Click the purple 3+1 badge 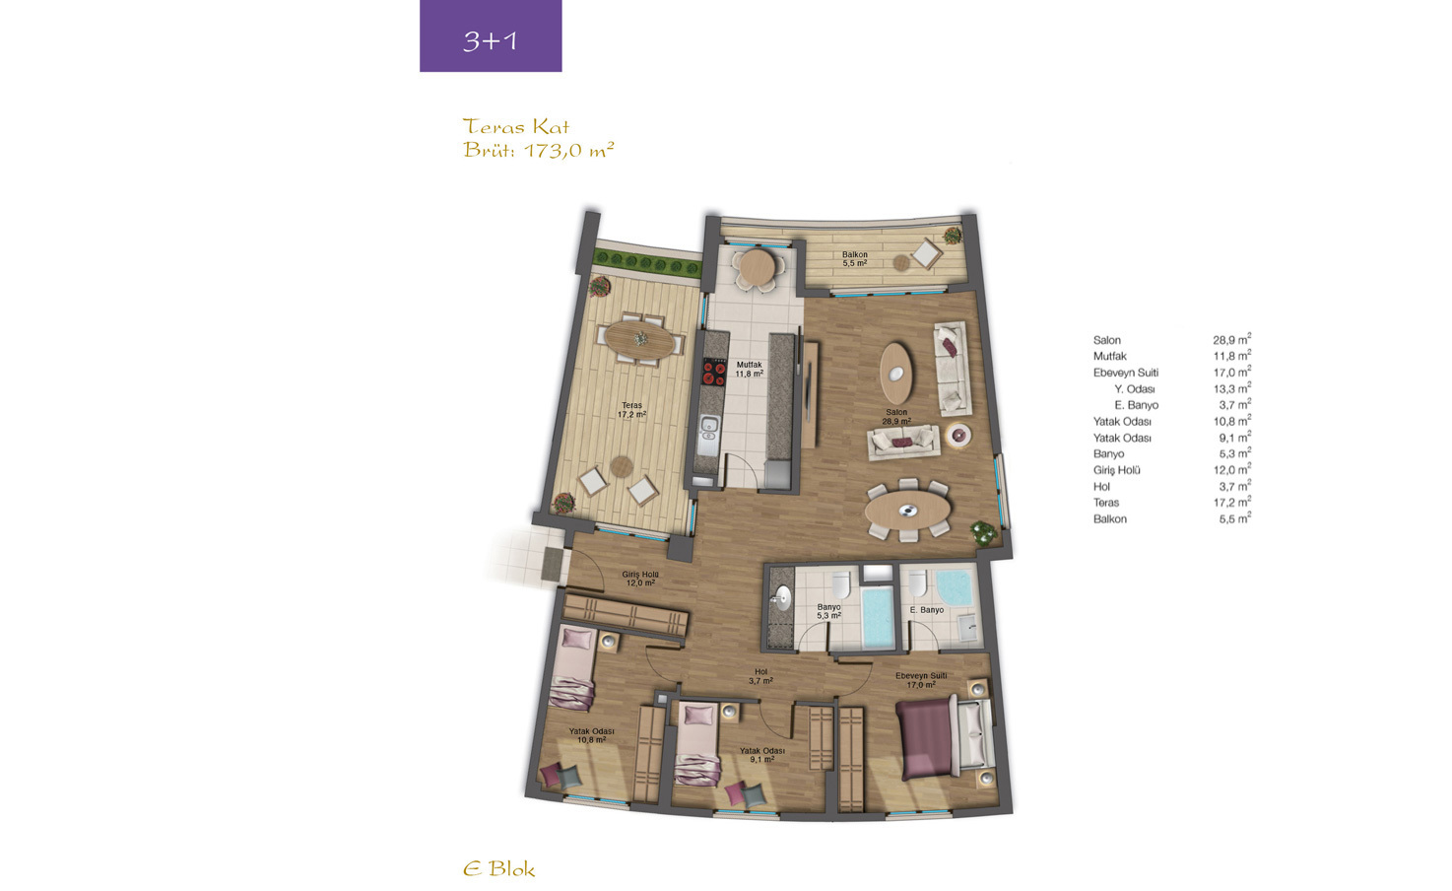pyautogui.click(x=491, y=35)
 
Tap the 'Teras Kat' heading pyautogui.click(x=516, y=126)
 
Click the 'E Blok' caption pyautogui.click(x=499, y=869)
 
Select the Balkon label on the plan pyautogui.click(x=854, y=259)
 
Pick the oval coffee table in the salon pyautogui.click(x=895, y=374)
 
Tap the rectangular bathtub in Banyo pyautogui.click(x=879, y=617)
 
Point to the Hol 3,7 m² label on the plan pyautogui.click(x=760, y=676)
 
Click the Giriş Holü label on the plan pyautogui.click(x=639, y=579)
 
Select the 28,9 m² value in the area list pyautogui.click(x=1232, y=339)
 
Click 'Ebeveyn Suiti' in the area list pyautogui.click(x=1126, y=373)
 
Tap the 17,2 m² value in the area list pyautogui.click(x=1232, y=502)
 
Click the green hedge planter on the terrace pyautogui.click(x=647, y=264)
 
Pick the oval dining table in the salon pyautogui.click(x=907, y=510)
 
